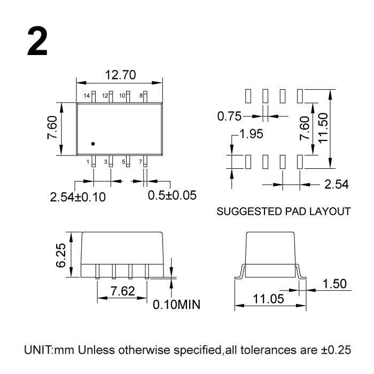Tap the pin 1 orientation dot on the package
(x=92, y=143)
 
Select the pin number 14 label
(x=87, y=96)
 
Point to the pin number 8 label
(x=141, y=96)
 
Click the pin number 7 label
(x=141, y=161)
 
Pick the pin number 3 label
(x=106, y=161)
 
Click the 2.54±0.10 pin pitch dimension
(x=78, y=197)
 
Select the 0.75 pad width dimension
(x=230, y=115)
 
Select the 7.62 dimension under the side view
(x=122, y=291)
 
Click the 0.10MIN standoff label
(x=176, y=305)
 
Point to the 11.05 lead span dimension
(x=268, y=299)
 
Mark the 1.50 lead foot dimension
(x=336, y=284)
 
